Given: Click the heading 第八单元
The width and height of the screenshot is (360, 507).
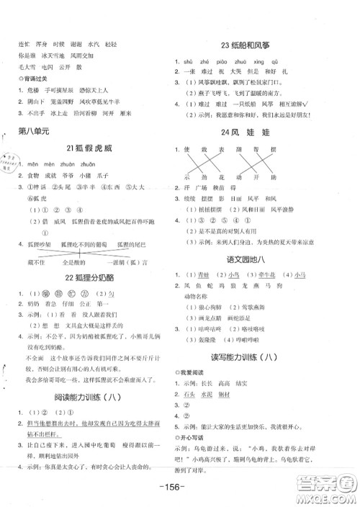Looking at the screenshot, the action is [x=32, y=131].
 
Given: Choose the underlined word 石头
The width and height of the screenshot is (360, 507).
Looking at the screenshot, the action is [x=192, y=395].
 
